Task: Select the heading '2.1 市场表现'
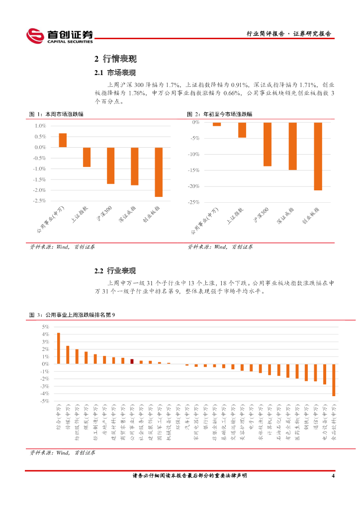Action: point(115,73)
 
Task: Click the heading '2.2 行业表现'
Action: point(115,271)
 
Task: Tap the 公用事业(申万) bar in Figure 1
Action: point(63,140)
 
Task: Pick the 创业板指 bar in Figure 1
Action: point(159,172)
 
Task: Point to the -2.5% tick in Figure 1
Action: point(40,201)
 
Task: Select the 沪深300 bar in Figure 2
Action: point(268,144)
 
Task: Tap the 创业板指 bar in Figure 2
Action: point(318,156)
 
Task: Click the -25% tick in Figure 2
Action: point(194,202)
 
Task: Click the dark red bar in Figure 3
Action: point(132,361)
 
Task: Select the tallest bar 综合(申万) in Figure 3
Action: point(59,348)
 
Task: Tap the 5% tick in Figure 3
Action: point(45,327)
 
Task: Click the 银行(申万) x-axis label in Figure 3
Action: point(205,417)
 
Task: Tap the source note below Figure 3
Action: point(63,453)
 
